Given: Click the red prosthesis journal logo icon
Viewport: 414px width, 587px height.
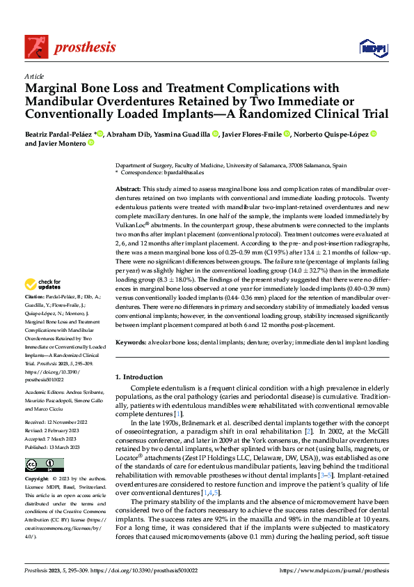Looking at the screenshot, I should point(36,46).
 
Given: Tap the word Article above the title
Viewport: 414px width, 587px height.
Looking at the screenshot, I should point(33,76).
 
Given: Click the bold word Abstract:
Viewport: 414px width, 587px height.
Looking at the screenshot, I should point(129,189).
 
